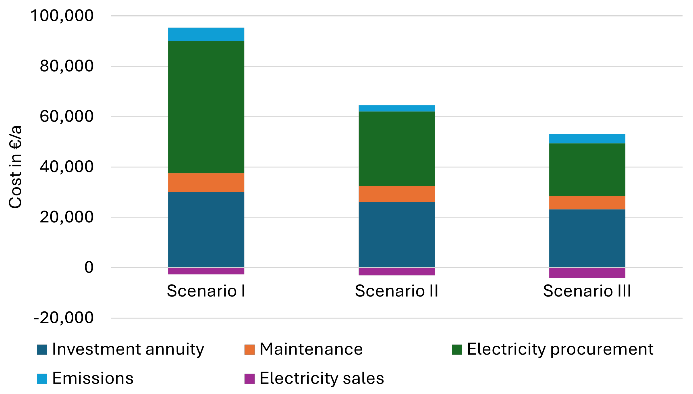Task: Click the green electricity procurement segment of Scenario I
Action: coord(206,107)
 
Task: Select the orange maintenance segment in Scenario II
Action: coord(396,194)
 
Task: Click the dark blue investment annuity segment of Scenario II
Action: coord(396,234)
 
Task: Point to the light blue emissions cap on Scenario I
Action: coord(206,34)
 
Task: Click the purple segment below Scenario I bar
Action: coord(206,271)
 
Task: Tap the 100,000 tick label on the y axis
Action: coord(62,16)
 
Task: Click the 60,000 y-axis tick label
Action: coord(67,116)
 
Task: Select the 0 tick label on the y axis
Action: coord(89,267)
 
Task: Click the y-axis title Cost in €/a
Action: coord(15,167)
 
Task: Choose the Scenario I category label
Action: coord(206,291)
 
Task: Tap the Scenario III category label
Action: coord(587,291)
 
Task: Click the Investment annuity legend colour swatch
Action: coord(42,349)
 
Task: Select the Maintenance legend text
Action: coord(311,349)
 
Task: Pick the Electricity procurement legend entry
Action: coord(560,349)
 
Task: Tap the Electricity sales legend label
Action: coord(322,378)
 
